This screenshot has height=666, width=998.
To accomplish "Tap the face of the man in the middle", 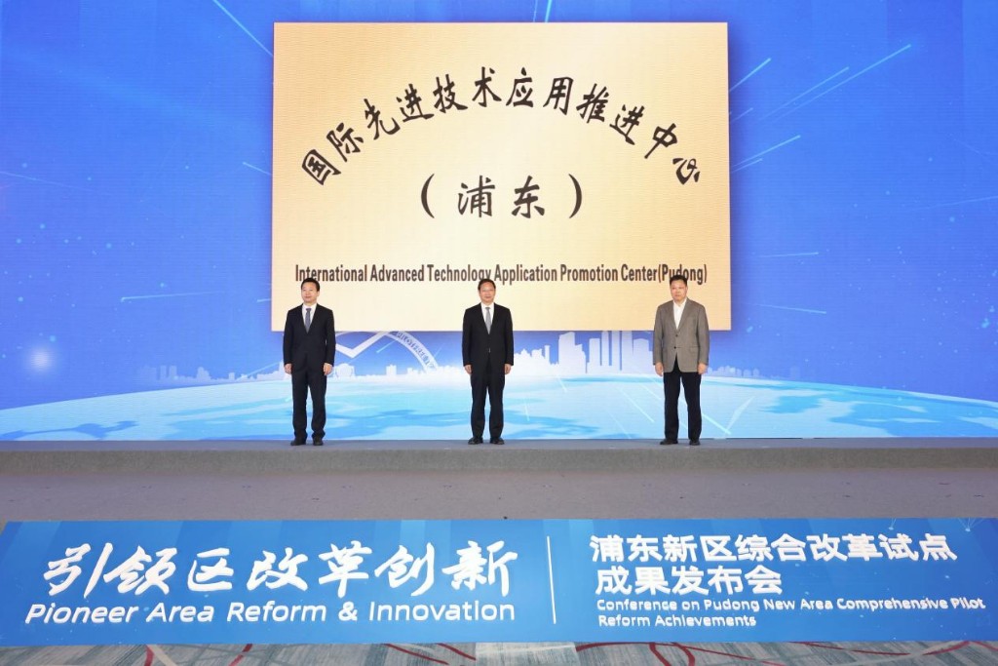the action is [x=487, y=294].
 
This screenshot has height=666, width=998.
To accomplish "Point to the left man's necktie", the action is [x=308, y=318].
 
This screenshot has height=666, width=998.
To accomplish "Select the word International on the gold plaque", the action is [x=331, y=274].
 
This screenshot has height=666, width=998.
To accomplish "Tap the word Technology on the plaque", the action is [x=460, y=274].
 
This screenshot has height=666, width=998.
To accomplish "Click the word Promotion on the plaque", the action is [x=590, y=274].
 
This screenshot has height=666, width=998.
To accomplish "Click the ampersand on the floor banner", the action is [x=348, y=611].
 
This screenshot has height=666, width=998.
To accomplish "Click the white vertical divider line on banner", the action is [x=553, y=579].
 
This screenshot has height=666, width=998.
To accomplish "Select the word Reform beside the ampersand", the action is [x=276, y=612].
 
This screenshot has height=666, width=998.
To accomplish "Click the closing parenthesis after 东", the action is [x=575, y=197].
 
